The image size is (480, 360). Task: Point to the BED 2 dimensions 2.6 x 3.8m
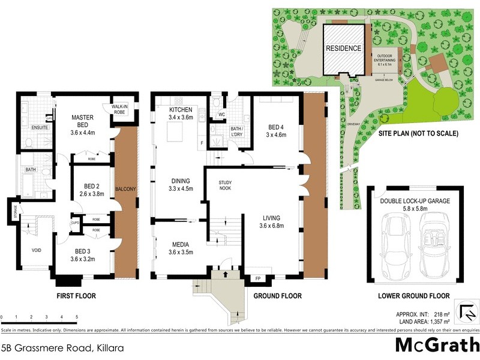pyautogui.click(x=92, y=194)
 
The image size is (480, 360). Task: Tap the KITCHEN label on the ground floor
pyautogui.click(x=181, y=110)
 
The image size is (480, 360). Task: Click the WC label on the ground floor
pyautogui.click(x=221, y=113)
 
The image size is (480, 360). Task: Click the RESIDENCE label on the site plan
pyautogui.click(x=344, y=49)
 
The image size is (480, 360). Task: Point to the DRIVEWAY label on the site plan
pyautogui.click(x=353, y=124)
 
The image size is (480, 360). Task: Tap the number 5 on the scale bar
pyautogui.click(x=76, y=316)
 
